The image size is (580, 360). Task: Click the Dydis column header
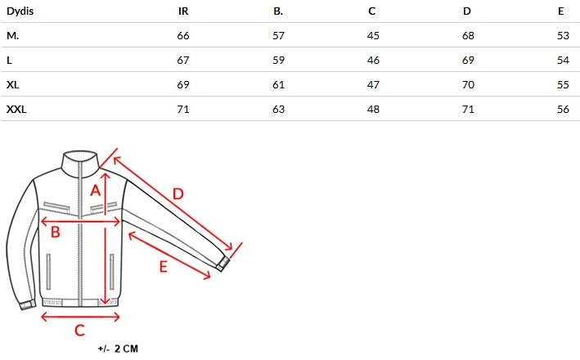tap(20, 11)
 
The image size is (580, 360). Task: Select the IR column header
tap(183, 11)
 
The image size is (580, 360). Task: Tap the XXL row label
tap(16, 110)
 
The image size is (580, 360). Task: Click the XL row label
tap(12, 85)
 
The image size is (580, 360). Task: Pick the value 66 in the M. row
tap(183, 36)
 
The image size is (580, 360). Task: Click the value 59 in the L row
tap(278, 61)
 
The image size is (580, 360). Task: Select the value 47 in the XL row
tap(373, 85)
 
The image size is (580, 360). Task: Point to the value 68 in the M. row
tap(468, 36)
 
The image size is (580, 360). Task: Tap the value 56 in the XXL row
tap(563, 110)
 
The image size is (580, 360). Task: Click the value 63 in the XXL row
tap(278, 110)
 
